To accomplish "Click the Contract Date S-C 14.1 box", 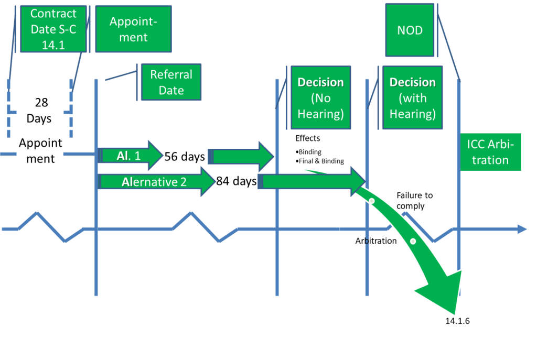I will point(53,29).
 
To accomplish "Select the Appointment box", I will point(133,29).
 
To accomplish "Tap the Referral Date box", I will point(171,82).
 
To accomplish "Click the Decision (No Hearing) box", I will point(320,98).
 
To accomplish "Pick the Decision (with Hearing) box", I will point(412,98).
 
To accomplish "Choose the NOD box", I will point(410,30).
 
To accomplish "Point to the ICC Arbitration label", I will point(490,152).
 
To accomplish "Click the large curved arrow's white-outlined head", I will point(441,293).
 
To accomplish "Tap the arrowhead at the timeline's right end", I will point(522,229).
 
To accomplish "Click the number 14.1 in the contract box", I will point(53,45).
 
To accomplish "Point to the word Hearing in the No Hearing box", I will point(320,114).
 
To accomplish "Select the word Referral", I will point(171,74).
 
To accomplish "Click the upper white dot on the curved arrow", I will point(372,201).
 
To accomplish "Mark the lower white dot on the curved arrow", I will point(413,242).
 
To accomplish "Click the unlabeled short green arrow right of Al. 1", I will point(241,156).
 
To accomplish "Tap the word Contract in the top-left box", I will point(53,14).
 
